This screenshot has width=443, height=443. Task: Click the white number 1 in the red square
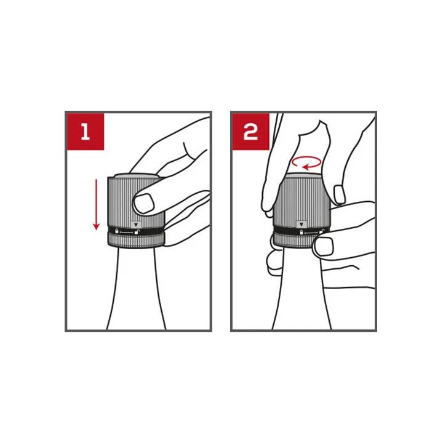[86, 132]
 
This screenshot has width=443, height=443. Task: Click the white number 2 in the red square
[250, 132]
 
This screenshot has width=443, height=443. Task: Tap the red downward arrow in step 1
[97, 205]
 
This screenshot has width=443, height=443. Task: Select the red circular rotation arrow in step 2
[306, 162]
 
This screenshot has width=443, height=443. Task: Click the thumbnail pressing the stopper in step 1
[144, 203]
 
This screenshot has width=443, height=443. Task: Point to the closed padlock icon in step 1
[116, 231]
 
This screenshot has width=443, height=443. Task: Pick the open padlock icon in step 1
[137, 232]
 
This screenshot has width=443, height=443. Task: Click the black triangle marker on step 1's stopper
[137, 225]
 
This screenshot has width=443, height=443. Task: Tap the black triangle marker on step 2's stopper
[301, 225]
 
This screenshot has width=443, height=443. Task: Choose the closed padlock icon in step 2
[301, 232]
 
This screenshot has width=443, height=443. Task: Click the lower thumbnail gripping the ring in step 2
[324, 245]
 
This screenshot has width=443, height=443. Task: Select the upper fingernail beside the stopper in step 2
[339, 194]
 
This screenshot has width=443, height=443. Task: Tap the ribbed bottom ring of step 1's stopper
[136, 240]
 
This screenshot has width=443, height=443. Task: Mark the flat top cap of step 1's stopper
[137, 176]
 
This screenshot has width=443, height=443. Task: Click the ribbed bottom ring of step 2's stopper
[294, 242]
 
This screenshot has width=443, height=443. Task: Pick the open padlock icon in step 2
[322, 231]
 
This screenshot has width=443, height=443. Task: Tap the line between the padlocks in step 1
[126, 233]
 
